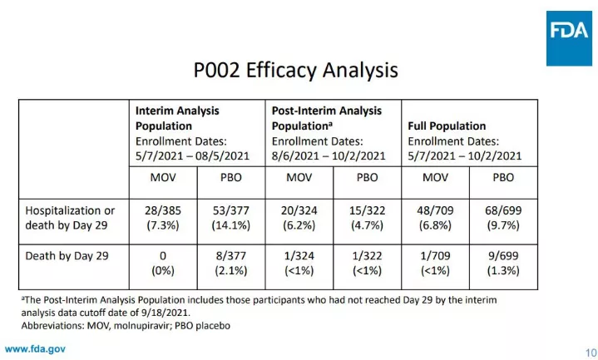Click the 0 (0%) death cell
pos(162,263)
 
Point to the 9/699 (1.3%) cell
pos(502,263)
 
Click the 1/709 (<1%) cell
pos(435,263)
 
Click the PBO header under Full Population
pos(502,177)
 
